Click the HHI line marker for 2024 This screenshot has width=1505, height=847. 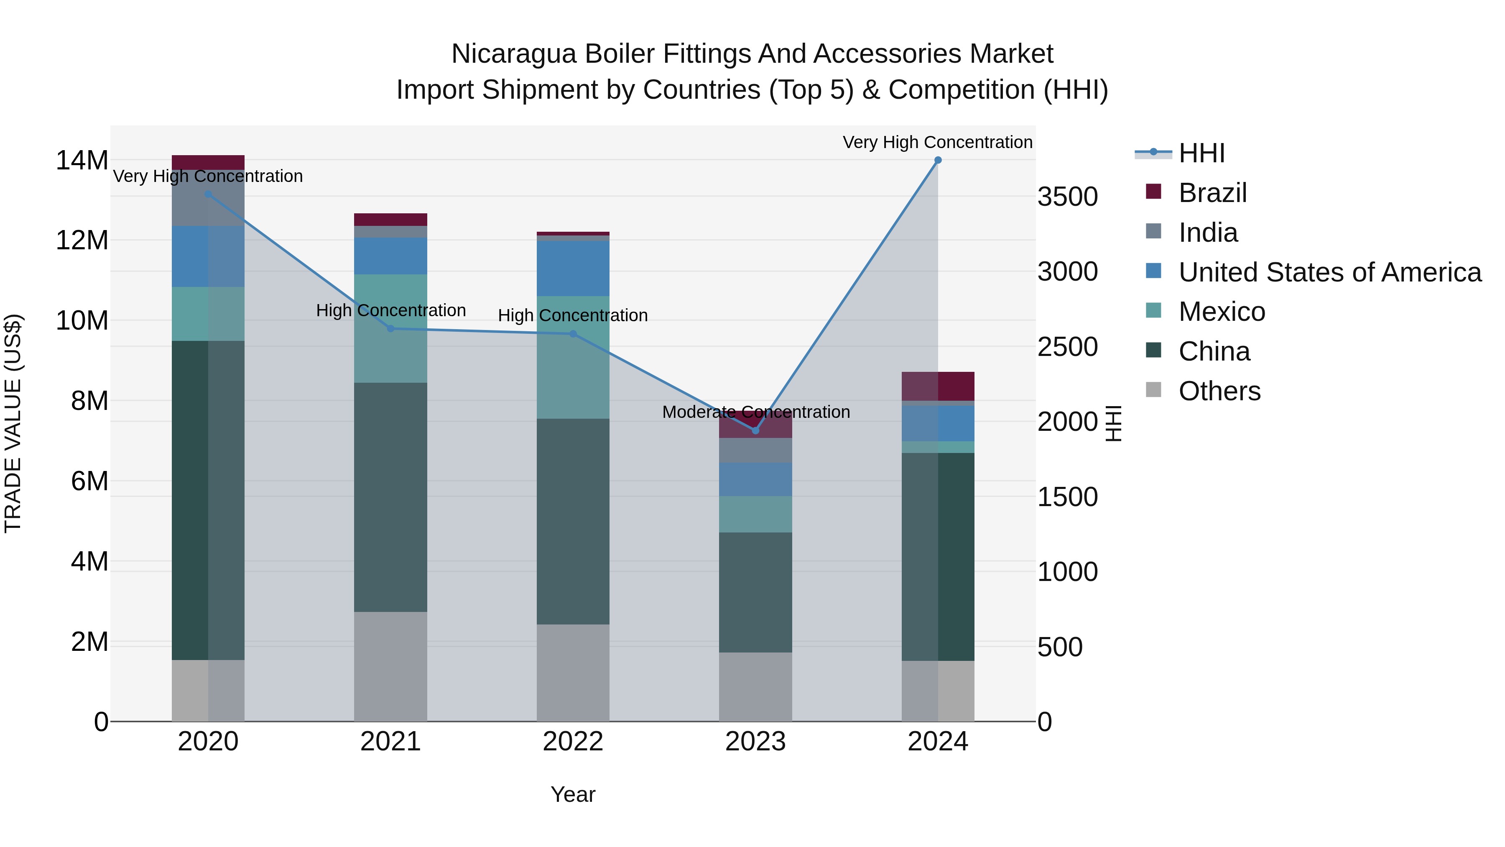[x=938, y=160]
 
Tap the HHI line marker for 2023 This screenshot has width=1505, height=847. [x=755, y=430]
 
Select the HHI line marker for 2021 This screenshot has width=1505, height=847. [x=391, y=328]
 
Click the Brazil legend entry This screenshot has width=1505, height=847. [x=1212, y=193]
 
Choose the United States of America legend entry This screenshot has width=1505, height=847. [x=1329, y=272]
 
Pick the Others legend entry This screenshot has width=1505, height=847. [x=1219, y=391]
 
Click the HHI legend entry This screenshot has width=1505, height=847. [x=1201, y=153]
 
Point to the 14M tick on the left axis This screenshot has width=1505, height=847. [x=82, y=160]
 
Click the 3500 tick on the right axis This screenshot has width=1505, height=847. [x=1067, y=197]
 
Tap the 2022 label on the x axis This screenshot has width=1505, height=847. [x=573, y=741]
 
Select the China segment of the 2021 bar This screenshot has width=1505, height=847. [x=390, y=497]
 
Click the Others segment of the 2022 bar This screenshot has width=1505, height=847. [x=573, y=672]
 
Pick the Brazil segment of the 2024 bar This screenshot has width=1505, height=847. [x=938, y=386]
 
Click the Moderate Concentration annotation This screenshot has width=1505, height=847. [x=755, y=412]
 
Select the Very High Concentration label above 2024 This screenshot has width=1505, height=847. [x=937, y=142]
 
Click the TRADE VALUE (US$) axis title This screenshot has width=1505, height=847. [x=13, y=423]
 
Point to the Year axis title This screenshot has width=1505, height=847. [x=573, y=794]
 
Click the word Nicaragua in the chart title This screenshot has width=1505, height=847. [x=514, y=54]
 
